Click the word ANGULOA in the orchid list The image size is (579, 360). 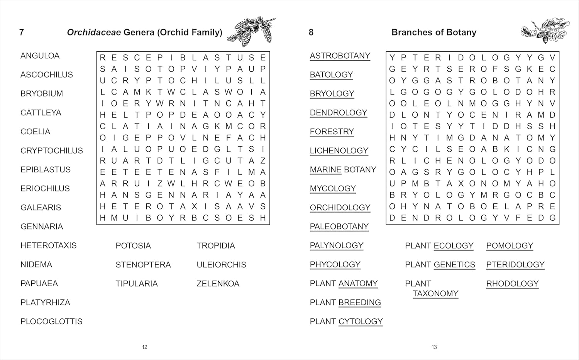[x=40, y=56]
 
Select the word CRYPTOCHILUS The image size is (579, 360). [x=51, y=151]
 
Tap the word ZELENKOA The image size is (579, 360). [x=218, y=284]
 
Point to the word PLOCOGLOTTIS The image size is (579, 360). [x=51, y=321]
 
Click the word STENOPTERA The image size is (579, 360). [x=143, y=265]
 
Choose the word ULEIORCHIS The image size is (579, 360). [x=221, y=265]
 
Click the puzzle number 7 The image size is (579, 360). [x=22, y=32]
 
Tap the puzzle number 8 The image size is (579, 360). [x=311, y=32]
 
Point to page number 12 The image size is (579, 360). [x=145, y=347]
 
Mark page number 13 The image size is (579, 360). [x=434, y=347]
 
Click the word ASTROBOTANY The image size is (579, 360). [x=340, y=56]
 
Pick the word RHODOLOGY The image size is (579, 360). [x=512, y=284]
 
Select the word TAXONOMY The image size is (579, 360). [x=435, y=294]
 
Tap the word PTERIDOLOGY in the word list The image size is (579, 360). [x=515, y=265]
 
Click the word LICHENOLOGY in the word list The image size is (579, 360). [x=339, y=151]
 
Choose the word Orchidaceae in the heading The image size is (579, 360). [x=94, y=32]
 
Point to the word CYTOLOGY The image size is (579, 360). [x=361, y=321]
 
